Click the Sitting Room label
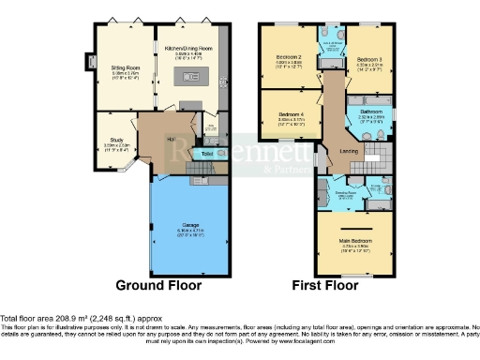pyautogui.click(x=118, y=66)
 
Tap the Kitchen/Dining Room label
pyautogui.click(x=187, y=48)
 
